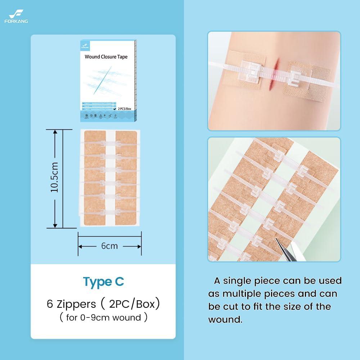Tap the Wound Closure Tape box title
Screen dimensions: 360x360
[x=106, y=57]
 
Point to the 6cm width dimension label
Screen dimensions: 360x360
[x=109, y=246]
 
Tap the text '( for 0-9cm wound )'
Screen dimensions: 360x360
[x=103, y=318]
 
